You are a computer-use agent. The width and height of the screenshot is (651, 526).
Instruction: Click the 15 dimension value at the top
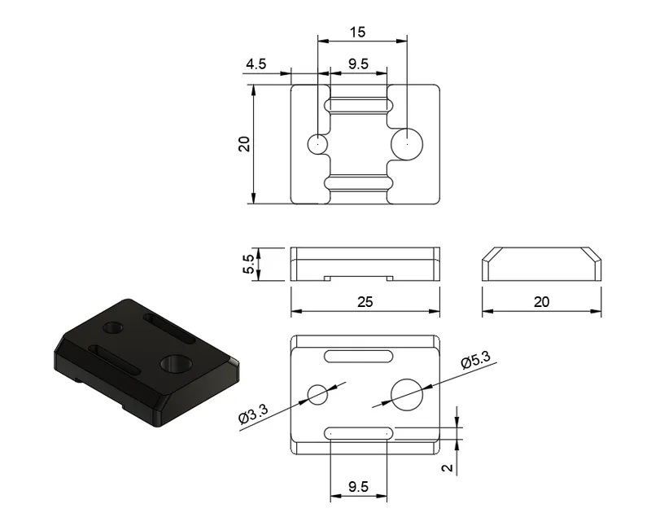[x=357, y=32]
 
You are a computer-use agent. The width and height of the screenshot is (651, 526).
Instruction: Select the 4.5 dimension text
[x=256, y=64]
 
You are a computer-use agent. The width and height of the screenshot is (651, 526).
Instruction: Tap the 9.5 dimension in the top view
[x=358, y=64]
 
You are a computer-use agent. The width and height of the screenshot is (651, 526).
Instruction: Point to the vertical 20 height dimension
[x=244, y=144]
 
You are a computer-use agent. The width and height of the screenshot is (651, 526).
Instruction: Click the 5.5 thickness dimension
[x=248, y=265]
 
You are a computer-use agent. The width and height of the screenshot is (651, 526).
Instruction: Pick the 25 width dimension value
[x=365, y=301]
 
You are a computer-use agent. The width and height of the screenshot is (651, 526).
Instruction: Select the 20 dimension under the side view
[x=541, y=301]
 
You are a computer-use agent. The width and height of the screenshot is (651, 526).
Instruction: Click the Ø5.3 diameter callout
[x=476, y=360]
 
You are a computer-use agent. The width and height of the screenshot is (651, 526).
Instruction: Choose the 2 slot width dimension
[x=447, y=468]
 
